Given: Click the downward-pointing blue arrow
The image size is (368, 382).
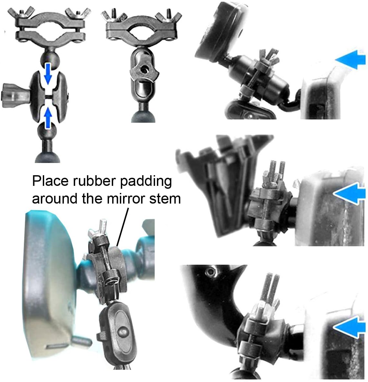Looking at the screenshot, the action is click(48, 73).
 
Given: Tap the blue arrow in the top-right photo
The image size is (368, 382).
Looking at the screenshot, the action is click(350, 59).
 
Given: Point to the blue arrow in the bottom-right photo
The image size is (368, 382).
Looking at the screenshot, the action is click(349, 327).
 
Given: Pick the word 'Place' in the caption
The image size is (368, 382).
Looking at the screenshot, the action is click(51, 181).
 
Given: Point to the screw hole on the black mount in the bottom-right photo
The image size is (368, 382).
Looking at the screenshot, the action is click(209, 272).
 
